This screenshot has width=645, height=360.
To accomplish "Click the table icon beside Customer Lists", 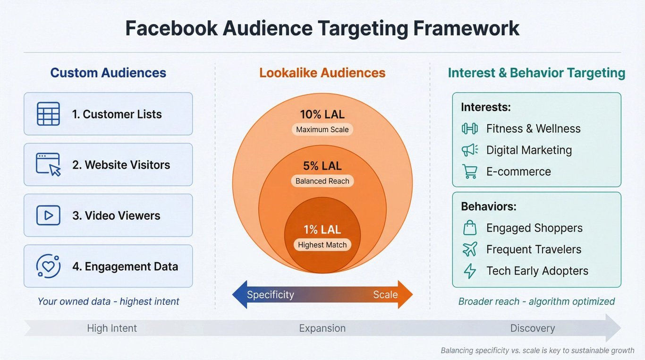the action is coord(48,114).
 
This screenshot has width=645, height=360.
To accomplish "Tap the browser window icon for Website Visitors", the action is coord(48,164).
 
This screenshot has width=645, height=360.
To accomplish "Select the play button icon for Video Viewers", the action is coord(48,215).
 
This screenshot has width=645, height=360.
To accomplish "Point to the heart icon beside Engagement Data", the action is coord(48,266).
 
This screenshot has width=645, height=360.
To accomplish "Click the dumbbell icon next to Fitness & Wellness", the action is coord(470,129).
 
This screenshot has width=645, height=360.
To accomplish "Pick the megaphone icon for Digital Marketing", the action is coord(470,150).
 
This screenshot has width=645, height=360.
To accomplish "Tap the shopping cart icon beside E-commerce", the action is coord(470,171).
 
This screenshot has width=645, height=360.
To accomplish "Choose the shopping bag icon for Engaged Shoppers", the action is coord(470,228).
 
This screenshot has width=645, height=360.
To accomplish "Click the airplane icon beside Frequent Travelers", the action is coord(470,249).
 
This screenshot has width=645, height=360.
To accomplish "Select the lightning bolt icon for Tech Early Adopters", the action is coord(470,271).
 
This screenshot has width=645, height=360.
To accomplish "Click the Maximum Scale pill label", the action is coord(322,129).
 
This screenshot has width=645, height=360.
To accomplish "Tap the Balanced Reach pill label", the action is coord(322,181).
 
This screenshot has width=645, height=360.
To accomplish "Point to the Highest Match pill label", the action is coord(322,245).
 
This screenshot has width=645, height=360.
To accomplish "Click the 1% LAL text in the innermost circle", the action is coord(322,230).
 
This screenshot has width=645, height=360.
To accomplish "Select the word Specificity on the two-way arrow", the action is coord(271,295).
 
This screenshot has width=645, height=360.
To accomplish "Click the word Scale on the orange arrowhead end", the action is coord(385,295).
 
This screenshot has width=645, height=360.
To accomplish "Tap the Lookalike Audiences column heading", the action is coord(322,73).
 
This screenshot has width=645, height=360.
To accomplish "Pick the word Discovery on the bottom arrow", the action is coord(533,328).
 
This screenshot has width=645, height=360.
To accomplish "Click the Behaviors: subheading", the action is coord(489,206).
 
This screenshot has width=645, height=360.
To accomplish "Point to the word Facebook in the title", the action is coord(171,28).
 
